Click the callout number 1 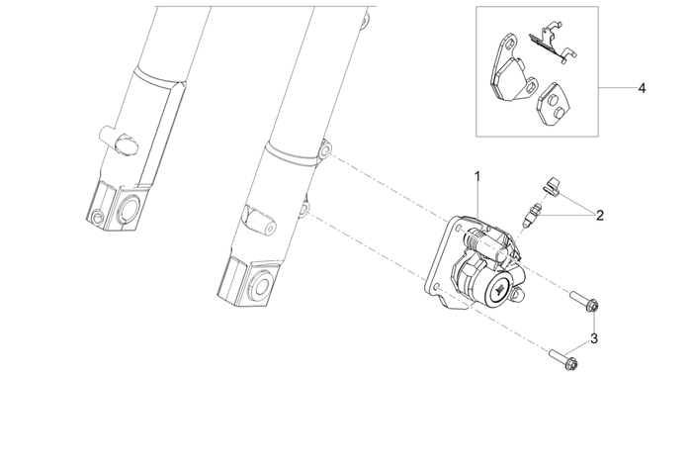477,177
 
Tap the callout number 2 599,216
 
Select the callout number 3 594,338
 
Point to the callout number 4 642,88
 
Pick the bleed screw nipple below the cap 531,215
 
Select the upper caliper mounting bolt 583,301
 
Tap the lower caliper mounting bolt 563,359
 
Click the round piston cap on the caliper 499,288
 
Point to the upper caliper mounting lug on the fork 324,150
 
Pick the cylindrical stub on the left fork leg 120,140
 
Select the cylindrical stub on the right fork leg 259,221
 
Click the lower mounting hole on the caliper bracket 437,288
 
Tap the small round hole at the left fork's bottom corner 97,217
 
